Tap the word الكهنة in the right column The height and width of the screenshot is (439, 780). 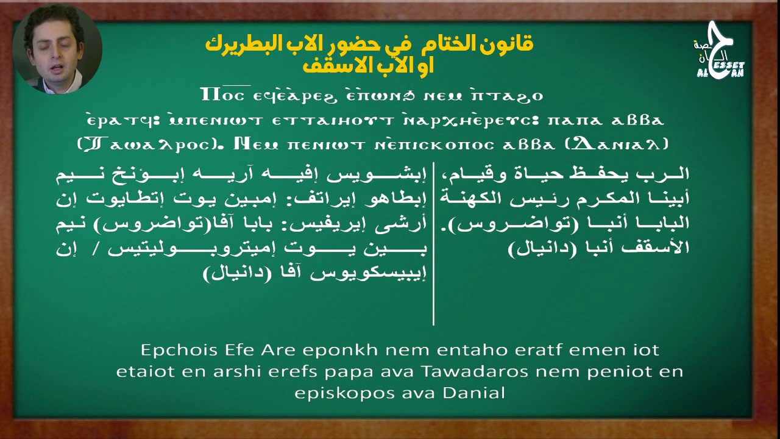coord(666,199)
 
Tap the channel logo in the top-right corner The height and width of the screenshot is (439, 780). coord(720,52)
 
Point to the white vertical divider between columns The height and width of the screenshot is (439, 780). coord(433,244)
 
